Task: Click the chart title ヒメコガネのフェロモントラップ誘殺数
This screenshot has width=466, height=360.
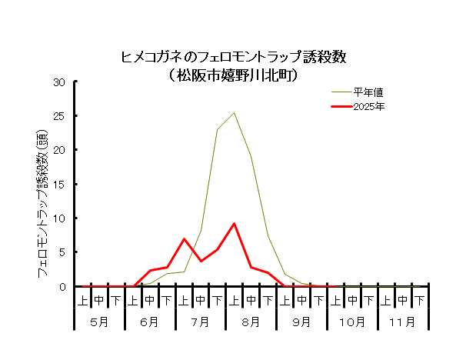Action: click(235, 57)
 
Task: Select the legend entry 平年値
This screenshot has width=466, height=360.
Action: click(364, 92)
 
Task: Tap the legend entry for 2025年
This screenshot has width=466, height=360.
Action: click(368, 106)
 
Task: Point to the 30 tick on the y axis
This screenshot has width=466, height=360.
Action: click(59, 82)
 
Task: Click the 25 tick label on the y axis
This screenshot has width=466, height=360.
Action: click(59, 115)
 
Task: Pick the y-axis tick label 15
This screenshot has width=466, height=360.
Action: click(59, 184)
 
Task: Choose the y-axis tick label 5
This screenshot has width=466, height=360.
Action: click(62, 252)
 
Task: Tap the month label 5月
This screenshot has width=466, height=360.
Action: click(98, 321)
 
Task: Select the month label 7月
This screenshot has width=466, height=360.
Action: click(200, 321)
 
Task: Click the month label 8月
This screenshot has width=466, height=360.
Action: click(251, 321)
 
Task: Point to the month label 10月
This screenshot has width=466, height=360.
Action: click(351, 321)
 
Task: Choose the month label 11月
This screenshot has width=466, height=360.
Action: click(402, 321)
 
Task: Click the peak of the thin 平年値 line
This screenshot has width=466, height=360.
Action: click(234, 113)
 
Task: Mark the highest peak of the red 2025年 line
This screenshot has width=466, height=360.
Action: click(234, 224)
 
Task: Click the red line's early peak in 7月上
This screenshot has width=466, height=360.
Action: click(184, 238)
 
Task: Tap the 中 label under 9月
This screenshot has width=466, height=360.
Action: click(301, 298)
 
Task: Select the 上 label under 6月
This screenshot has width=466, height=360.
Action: click(132, 298)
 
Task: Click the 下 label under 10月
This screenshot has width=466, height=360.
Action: click(368, 298)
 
